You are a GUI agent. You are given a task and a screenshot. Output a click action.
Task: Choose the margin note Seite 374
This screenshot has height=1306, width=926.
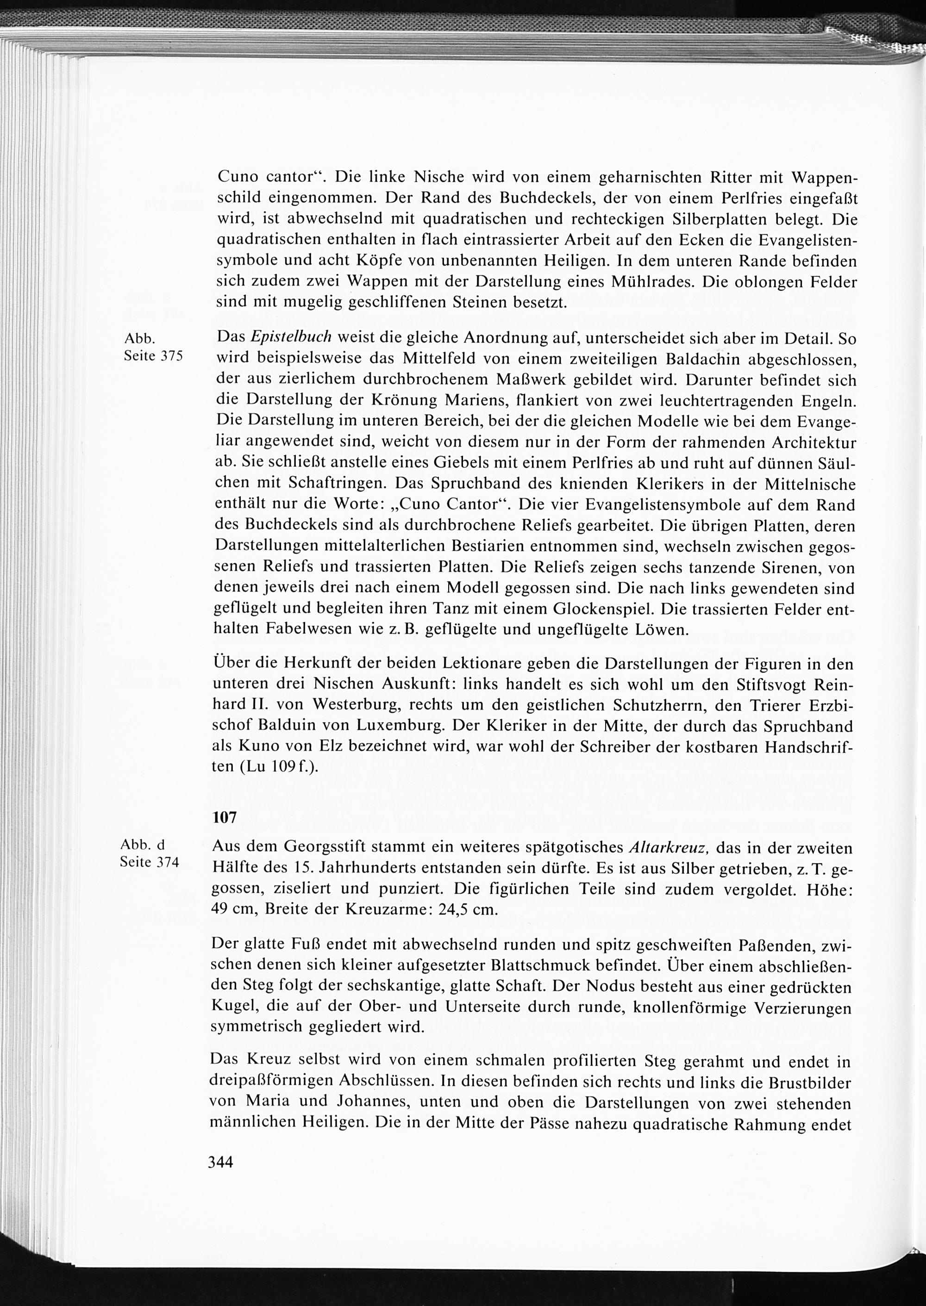[150, 862]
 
